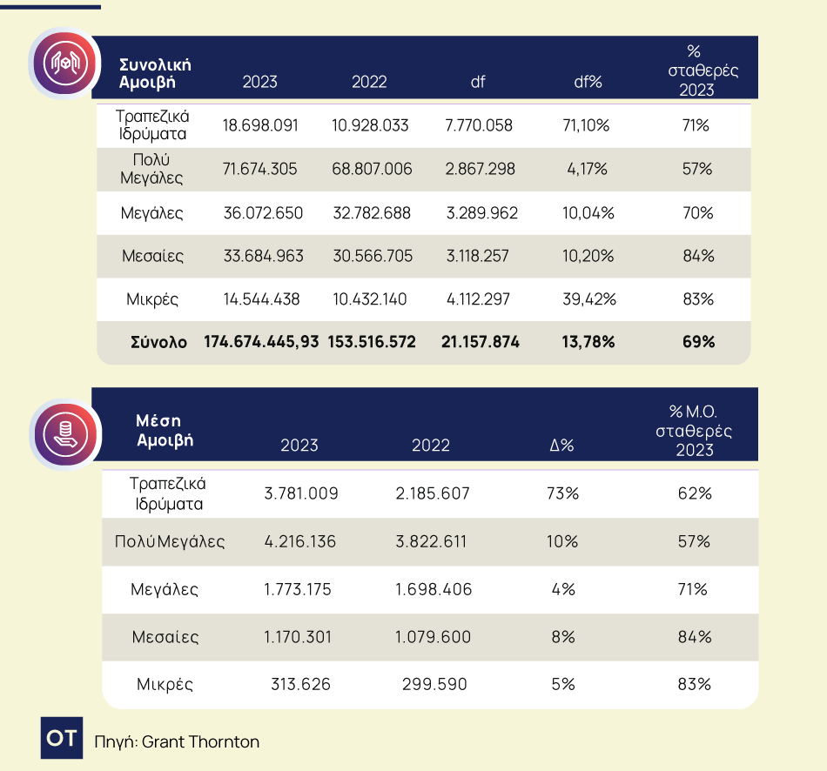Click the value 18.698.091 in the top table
[x=260, y=125]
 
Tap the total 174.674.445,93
[x=261, y=342]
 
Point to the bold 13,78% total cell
[x=588, y=342]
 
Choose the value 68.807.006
[x=372, y=169]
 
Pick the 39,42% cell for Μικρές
[x=589, y=299]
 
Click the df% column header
[x=588, y=83]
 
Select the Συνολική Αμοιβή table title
[x=155, y=74]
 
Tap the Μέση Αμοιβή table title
[x=165, y=430]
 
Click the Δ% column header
[x=561, y=446]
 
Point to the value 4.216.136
[x=300, y=541]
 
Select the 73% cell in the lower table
[x=563, y=493]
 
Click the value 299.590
[x=434, y=684]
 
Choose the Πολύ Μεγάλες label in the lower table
[x=170, y=541]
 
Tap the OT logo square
[x=61, y=739]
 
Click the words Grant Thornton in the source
[x=200, y=742]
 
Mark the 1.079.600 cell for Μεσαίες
[x=433, y=637]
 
